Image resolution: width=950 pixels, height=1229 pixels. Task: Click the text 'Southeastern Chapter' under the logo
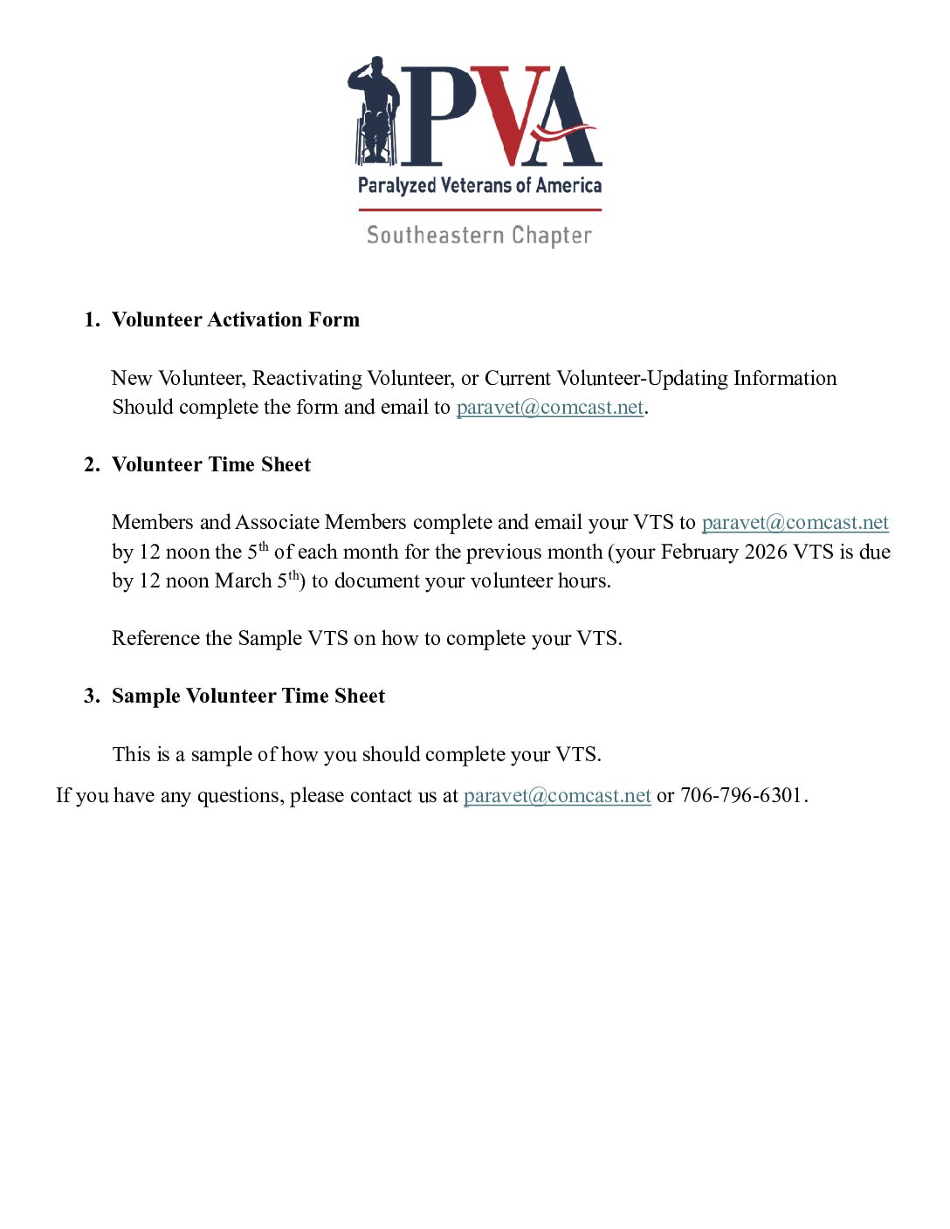[479, 236]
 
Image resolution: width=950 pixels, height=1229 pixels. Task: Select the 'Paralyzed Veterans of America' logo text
[479, 185]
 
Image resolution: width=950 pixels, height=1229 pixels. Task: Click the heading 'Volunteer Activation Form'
[235, 319]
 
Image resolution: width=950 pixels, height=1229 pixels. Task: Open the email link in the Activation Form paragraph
[550, 408]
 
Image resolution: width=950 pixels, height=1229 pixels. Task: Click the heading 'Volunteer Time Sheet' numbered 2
[210, 464]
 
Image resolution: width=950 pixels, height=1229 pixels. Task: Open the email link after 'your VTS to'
[795, 522]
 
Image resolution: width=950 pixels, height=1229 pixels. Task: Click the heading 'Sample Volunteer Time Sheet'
[248, 696]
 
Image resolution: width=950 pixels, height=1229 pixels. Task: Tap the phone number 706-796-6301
[740, 795]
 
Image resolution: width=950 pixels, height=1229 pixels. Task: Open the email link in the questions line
[557, 795]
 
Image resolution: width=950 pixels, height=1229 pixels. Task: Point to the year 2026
[766, 552]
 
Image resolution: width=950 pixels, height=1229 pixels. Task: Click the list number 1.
[91, 319]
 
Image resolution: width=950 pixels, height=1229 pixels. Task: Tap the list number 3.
[91, 696]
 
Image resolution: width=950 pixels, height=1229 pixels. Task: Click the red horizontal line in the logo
[479, 209]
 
